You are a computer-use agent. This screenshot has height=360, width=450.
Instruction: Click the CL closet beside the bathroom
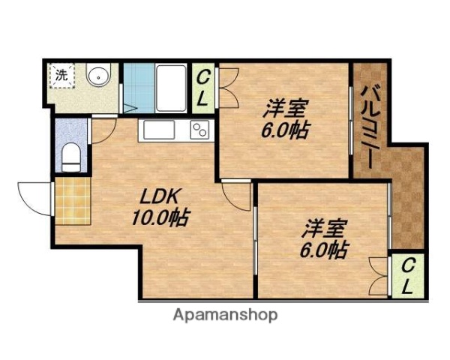click(x=203, y=85)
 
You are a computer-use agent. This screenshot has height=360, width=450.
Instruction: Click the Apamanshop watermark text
click(x=224, y=315)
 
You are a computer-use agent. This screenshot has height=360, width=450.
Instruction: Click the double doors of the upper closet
click(x=227, y=87)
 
